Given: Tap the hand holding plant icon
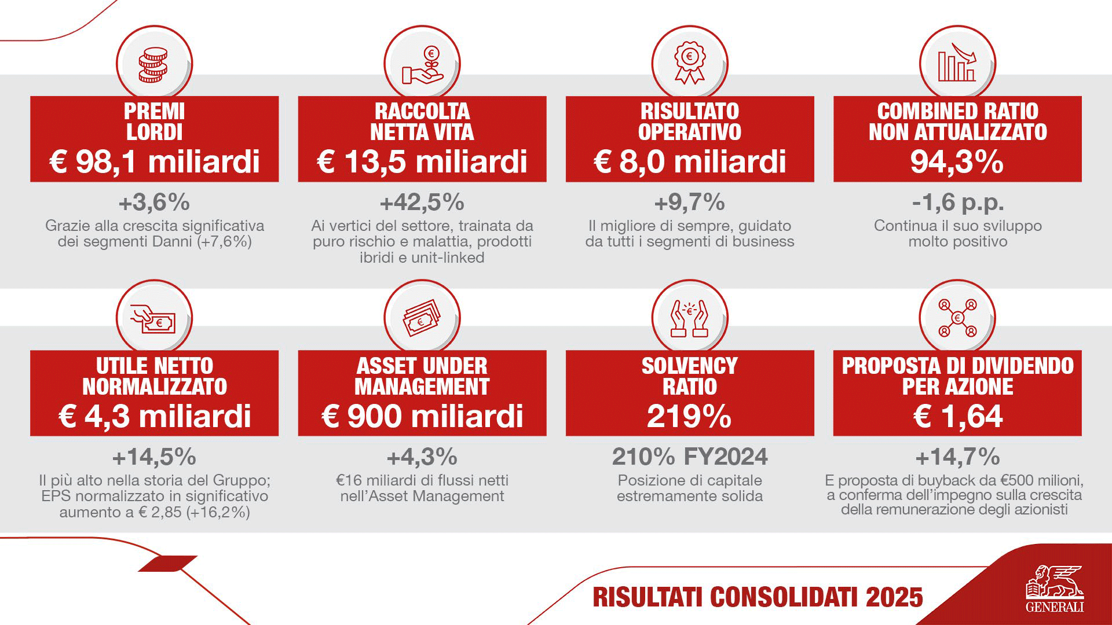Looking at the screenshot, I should pyautogui.click(x=422, y=65).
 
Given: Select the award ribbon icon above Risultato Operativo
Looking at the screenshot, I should pyautogui.click(x=689, y=62).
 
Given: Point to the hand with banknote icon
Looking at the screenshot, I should pyautogui.click(x=153, y=319).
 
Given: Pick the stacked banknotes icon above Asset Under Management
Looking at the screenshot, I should pyautogui.click(x=422, y=319).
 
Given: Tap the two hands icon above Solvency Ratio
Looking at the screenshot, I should pyautogui.click(x=689, y=319).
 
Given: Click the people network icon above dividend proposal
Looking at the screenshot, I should pyautogui.click(x=957, y=319).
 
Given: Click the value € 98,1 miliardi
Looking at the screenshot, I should pyautogui.click(x=155, y=161).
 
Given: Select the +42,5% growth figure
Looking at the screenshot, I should pyautogui.click(x=422, y=203).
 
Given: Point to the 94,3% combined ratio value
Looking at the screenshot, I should pyautogui.click(x=957, y=161).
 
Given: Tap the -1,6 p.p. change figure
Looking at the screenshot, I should pyautogui.click(x=957, y=203).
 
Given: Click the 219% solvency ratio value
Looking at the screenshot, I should pyautogui.click(x=689, y=416).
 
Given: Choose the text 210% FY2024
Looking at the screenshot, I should pyautogui.click(x=690, y=457).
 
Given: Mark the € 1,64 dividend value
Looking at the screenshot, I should pyautogui.click(x=957, y=416).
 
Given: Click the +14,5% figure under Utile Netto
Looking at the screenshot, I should pyautogui.click(x=154, y=457).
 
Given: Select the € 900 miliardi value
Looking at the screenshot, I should pyautogui.click(x=422, y=416).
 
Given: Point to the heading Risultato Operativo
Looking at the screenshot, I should pyautogui.click(x=689, y=122).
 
